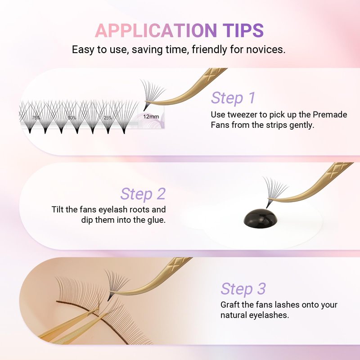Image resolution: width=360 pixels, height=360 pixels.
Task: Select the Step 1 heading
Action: [x=233, y=98]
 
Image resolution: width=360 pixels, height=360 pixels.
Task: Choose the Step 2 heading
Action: [x=143, y=194]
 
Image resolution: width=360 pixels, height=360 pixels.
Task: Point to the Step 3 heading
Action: [x=243, y=289]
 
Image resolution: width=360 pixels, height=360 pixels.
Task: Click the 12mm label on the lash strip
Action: [x=151, y=117]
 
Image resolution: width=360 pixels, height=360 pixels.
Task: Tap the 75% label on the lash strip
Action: [x=36, y=118]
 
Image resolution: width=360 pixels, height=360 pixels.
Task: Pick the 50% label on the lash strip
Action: [x=72, y=118]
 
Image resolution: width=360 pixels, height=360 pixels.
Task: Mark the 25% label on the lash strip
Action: [x=108, y=118]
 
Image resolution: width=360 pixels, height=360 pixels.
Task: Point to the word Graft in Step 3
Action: [x=230, y=305]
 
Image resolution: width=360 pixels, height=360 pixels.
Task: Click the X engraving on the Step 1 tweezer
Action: [x=213, y=73]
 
